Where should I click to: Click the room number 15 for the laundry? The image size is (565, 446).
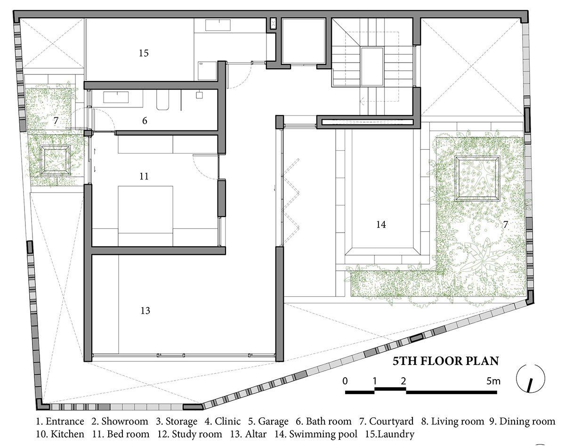point(144,53)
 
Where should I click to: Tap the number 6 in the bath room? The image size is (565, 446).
point(145,121)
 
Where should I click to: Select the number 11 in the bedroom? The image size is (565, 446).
point(144,176)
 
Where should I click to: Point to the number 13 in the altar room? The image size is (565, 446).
point(145,311)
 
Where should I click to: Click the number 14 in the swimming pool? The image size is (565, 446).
point(381,225)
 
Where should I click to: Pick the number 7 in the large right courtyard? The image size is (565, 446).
point(505,225)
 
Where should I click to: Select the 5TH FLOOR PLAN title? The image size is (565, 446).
point(446,362)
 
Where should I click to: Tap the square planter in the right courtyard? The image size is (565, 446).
point(477,178)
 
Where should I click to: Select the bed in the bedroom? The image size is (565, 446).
point(145,210)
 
